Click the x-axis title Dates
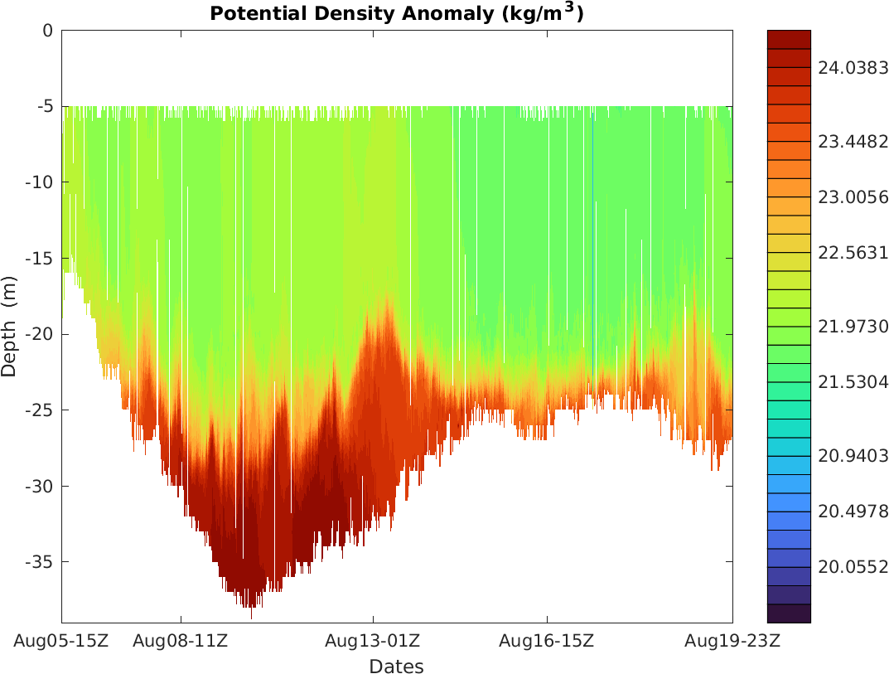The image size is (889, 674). coord(396,667)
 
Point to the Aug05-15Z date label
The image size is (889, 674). coord(62,640)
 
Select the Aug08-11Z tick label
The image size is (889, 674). coord(181,640)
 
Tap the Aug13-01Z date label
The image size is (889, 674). coord(373,640)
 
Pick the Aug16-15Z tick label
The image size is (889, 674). coord(547,640)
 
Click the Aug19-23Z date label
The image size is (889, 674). coord(732,640)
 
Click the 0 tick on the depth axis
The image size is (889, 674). coord(47,31)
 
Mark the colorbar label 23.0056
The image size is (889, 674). coord(853,197)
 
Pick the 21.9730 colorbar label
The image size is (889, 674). coord(853,326)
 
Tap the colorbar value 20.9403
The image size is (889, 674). coord(853,455)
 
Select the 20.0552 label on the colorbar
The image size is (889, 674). coord(853,566)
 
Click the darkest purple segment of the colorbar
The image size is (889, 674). coord(789,613)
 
